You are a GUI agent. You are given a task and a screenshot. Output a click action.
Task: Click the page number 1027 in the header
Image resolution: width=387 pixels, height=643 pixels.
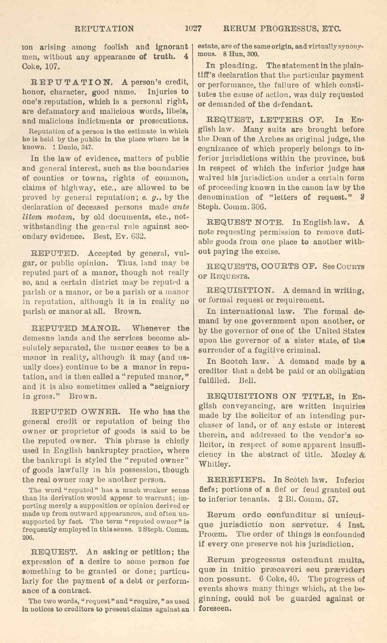tap(193, 28)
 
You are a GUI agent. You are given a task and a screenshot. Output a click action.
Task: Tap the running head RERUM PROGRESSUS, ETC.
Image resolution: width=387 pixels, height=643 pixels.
tap(282, 28)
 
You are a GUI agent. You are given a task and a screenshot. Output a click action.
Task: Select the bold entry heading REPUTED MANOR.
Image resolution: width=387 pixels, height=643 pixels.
tap(74, 328)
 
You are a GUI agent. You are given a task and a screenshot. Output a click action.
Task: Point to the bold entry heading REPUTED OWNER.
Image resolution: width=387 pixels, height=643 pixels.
tap(74, 411)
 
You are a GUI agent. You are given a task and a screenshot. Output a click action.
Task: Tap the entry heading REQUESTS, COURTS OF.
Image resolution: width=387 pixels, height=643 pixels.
tap(262, 267)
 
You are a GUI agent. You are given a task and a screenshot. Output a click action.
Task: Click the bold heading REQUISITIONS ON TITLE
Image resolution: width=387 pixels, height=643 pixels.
tap(270, 396)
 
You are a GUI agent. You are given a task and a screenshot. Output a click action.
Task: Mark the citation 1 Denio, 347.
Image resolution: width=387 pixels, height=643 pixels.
tap(70, 147)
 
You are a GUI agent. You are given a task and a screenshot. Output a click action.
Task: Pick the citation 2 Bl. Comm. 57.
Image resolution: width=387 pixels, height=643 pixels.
tap(307, 499)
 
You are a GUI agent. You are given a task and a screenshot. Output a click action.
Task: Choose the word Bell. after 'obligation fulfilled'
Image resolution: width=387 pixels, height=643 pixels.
tap(247, 381)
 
